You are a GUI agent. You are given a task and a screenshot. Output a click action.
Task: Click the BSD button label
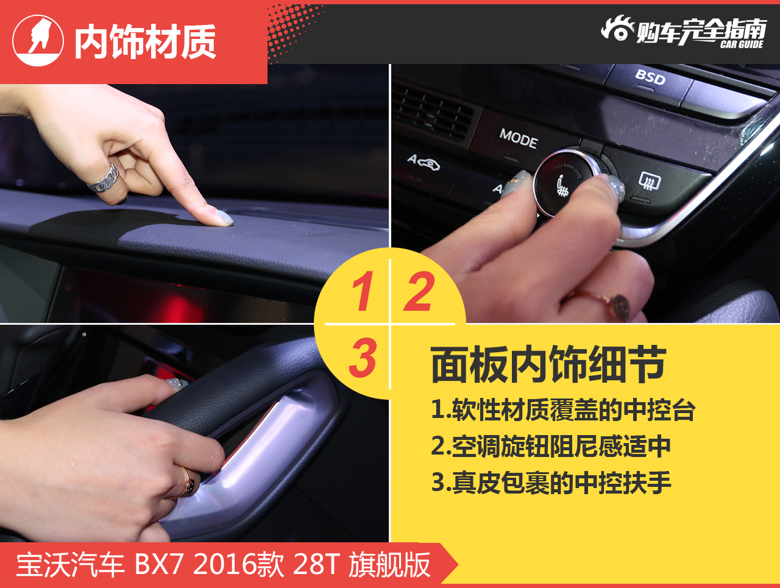pos(650,77)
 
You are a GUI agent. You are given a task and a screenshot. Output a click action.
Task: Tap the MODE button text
pos(519,138)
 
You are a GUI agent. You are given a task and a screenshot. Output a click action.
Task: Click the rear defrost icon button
pos(650,181)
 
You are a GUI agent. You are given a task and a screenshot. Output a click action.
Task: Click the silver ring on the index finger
pos(104,180)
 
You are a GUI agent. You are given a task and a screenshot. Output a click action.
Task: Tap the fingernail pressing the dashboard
pos(224,216)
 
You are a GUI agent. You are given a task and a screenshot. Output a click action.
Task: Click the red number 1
pos(363,291)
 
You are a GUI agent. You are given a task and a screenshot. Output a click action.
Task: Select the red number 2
pos(419,291)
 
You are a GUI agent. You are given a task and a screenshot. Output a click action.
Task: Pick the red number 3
pos(363,358)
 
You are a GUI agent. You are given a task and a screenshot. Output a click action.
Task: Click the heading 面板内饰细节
pos(548,364)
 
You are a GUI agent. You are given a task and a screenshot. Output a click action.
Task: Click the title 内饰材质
pos(145,41)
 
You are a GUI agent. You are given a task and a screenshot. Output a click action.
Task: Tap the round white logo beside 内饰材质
pos(38,40)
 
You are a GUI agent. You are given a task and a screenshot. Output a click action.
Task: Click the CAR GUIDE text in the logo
pos(742,44)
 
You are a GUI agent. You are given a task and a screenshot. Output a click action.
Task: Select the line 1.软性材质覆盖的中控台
pos(563,410)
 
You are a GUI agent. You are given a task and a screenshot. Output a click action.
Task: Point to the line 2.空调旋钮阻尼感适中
pos(551,446)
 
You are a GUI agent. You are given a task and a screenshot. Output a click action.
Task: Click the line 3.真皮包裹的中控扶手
pos(551,483)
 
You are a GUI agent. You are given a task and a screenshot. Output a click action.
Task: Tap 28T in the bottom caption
pos(315,565)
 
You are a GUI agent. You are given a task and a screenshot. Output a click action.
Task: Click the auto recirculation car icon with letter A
pos(424,162)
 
